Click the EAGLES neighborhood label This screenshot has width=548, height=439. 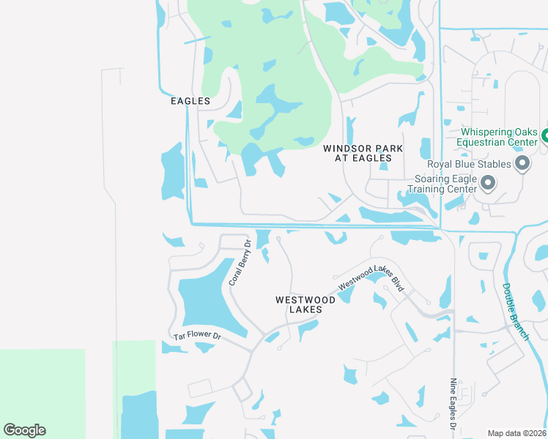190,101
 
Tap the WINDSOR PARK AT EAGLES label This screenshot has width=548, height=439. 363,153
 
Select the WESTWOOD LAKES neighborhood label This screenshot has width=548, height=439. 298,304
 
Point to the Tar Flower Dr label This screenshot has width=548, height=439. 197,336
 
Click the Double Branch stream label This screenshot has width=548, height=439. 516,311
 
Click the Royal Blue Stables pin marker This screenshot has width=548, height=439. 522,163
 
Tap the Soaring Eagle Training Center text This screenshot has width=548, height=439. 445,184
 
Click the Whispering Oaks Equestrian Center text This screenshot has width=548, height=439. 498,137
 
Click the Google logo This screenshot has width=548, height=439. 24,430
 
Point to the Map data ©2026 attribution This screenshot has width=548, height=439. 516,433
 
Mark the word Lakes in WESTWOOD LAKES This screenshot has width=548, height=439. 298,309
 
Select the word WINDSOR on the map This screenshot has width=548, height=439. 348,149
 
